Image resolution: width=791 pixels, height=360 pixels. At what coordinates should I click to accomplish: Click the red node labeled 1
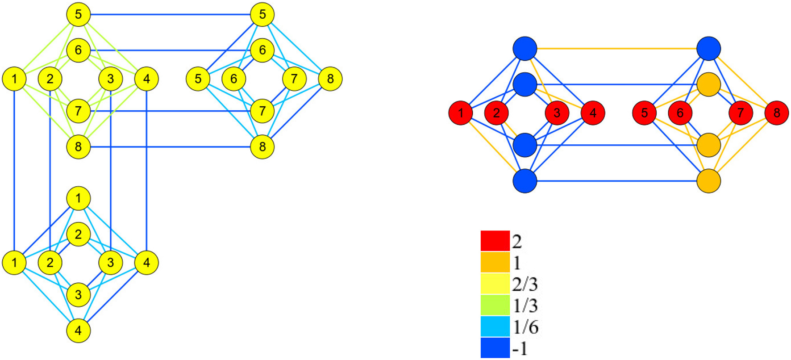461,113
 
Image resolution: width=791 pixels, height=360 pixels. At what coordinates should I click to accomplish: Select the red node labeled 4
593,113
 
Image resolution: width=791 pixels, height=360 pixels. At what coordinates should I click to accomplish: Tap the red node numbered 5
644,113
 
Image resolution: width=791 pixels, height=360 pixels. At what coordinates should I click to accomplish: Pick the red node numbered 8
776,113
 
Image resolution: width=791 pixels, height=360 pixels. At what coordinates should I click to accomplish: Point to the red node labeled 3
557,113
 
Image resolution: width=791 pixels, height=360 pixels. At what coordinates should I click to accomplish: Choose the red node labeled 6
680,113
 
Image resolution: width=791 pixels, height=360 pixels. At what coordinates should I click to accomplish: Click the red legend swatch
495,241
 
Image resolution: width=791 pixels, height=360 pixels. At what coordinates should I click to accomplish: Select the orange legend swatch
495,262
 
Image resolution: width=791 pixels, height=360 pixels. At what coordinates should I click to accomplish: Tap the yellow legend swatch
495,284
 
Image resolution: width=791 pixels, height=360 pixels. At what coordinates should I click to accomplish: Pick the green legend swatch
495,305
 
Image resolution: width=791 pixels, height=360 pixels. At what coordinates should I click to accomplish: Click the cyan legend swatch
495,327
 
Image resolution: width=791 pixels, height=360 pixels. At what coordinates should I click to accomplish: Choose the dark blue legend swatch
495,348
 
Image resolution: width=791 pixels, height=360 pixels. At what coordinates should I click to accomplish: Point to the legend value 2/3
525,284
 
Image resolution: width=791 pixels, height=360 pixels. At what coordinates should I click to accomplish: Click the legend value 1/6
525,327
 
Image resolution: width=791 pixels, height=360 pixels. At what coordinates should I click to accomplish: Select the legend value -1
520,348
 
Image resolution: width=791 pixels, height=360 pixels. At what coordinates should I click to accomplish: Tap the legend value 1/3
525,306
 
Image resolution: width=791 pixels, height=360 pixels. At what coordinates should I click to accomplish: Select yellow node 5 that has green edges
78,14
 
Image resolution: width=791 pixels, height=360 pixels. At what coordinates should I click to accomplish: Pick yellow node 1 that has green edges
14,79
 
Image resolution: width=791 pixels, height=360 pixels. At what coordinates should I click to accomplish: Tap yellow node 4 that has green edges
146,79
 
